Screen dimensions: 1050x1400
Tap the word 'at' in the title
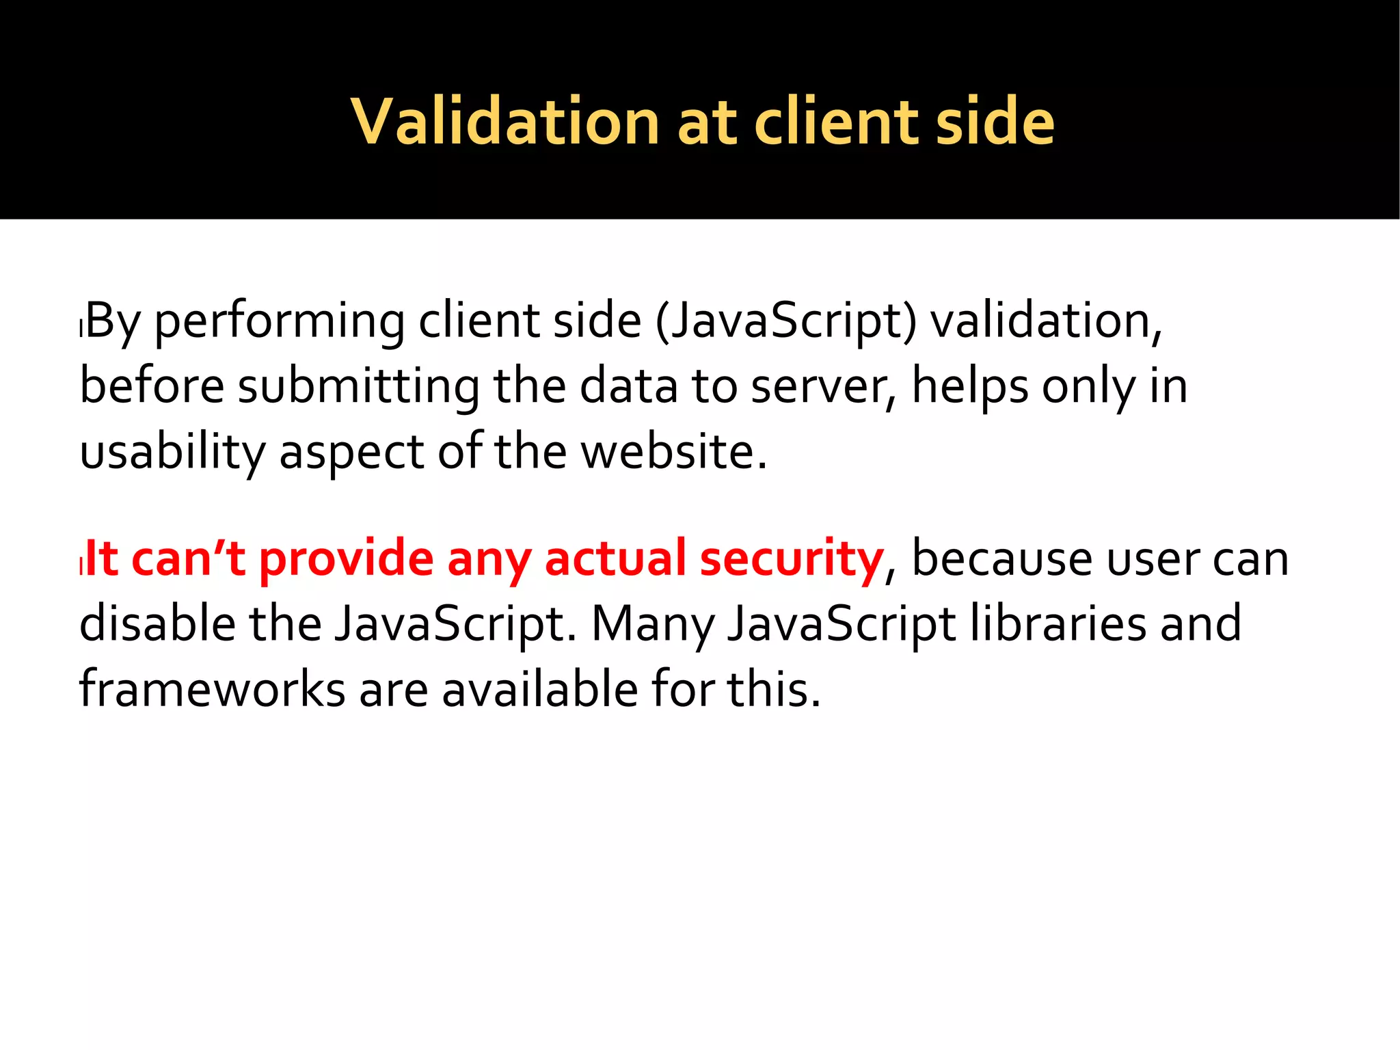pos(707,123)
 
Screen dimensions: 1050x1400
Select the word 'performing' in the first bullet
pos(280,321)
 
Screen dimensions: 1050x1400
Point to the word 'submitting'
pos(358,387)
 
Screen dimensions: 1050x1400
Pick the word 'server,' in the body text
pos(823,387)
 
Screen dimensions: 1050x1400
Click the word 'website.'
pos(674,451)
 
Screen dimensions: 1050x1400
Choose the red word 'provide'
pos(346,559)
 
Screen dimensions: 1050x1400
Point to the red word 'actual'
pos(615,558)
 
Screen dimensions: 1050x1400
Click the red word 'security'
pos(792,559)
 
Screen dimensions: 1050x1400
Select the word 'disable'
pos(157,623)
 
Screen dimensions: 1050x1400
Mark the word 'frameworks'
pos(212,689)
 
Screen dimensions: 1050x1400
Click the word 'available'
pos(539,689)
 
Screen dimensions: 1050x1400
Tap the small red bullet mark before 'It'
pos(81,566)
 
